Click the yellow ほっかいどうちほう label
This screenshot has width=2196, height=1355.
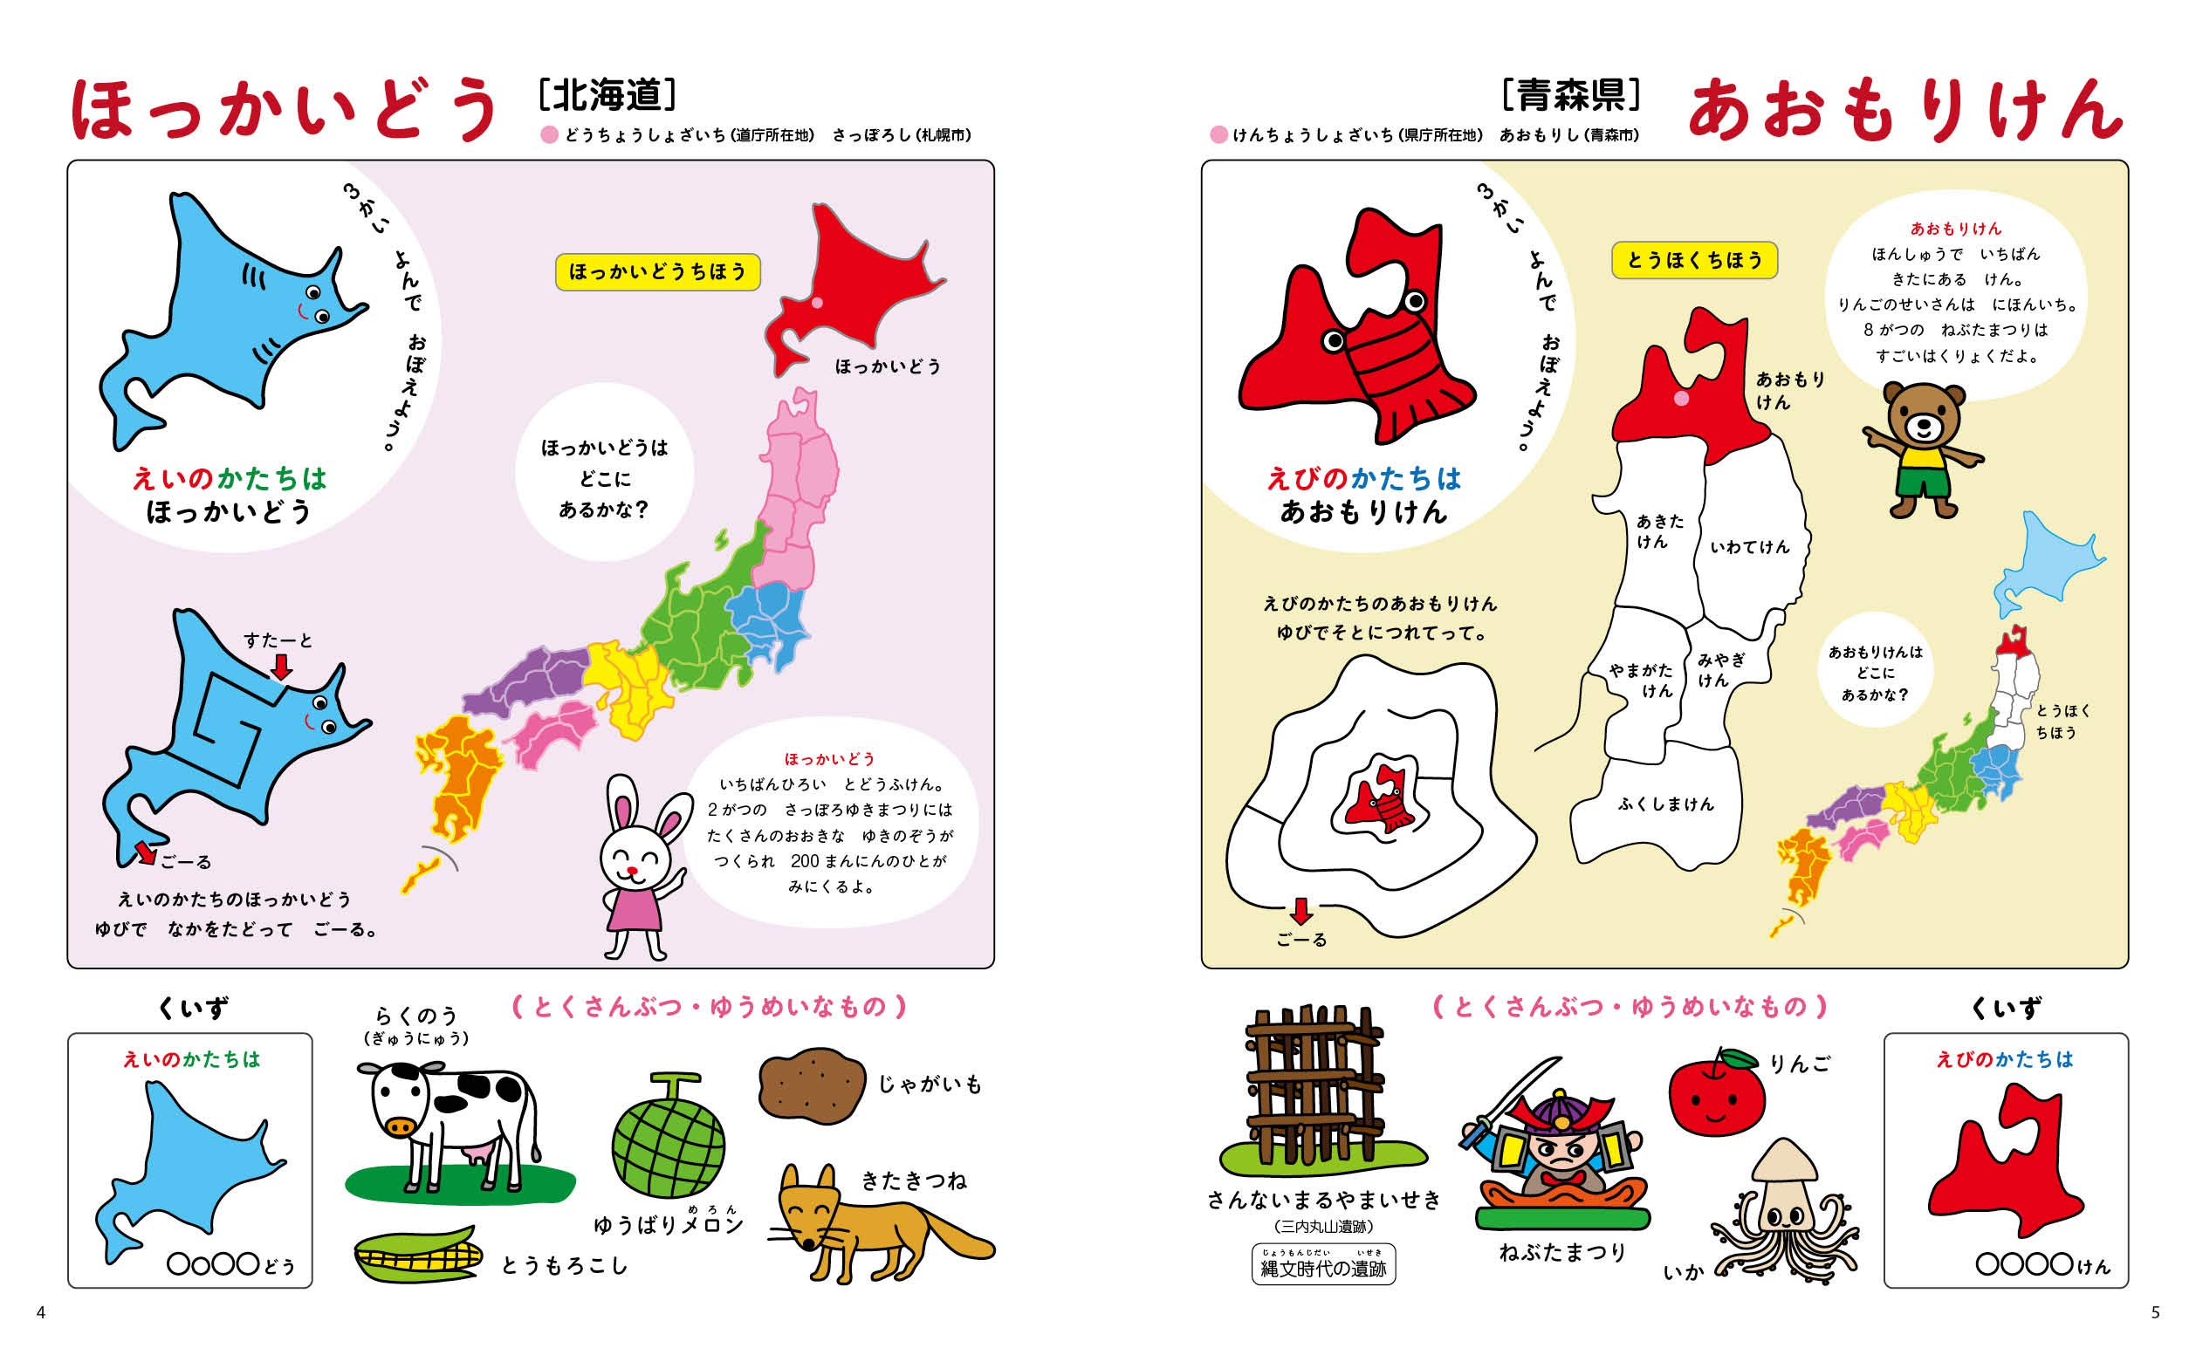coord(657,271)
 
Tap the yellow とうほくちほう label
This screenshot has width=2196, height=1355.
coord(1693,260)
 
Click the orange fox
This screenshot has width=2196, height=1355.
coord(869,1219)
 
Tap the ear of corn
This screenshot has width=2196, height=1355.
coord(417,1255)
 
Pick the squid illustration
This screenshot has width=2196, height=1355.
coord(1784,1210)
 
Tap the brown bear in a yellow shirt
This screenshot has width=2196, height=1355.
coord(1923,448)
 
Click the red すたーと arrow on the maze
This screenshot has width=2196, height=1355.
coord(281,667)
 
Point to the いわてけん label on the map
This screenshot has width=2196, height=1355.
coord(1749,547)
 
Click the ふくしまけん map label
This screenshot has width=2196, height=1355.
coord(1665,804)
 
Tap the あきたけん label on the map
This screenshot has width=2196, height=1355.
coord(1659,531)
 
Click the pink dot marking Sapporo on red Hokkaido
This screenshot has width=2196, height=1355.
coord(818,303)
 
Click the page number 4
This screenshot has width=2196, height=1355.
coord(40,1313)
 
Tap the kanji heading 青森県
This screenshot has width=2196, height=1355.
coord(1571,95)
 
